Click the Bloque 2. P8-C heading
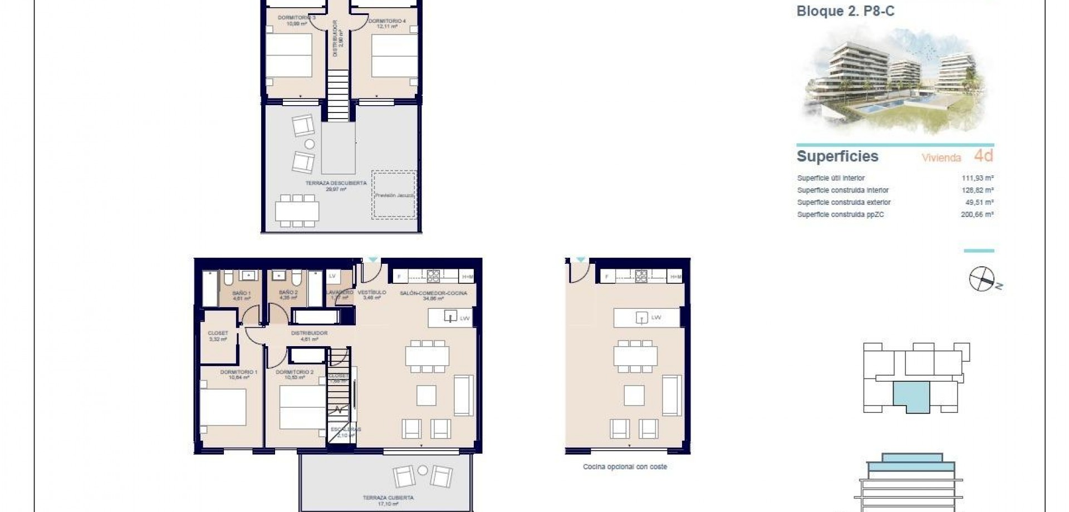845,11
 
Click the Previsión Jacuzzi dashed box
394,195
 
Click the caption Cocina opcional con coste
625,467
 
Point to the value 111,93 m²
977,178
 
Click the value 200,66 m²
977,214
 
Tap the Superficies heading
837,156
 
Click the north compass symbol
983,279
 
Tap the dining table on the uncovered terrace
297,211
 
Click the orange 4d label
983,156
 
